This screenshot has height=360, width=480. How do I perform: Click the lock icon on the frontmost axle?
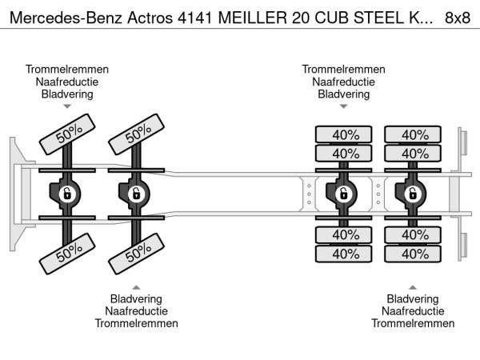click(x=67, y=193)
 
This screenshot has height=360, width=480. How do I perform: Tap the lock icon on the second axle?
click(x=136, y=193)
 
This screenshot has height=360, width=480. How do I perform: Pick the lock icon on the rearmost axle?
click(x=414, y=193)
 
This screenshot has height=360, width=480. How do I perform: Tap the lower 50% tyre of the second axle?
click(x=137, y=255)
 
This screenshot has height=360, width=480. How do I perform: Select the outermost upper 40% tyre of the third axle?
click(x=345, y=134)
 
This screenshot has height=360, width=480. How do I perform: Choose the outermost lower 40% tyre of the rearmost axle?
click(x=414, y=254)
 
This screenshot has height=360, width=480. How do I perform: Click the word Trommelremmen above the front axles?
click(x=67, y=69)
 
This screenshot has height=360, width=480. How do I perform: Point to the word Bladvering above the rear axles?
click(x=344, y=94)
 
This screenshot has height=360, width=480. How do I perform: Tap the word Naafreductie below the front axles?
click(x=136, y=311)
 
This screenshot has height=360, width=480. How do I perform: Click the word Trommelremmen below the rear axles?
click(x=413, y=323)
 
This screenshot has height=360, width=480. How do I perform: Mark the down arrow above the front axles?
click(x=67, y=106)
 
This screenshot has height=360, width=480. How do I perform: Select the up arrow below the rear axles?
click(x=413, y=286)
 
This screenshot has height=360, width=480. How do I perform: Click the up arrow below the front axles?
click(x=136, y=286)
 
